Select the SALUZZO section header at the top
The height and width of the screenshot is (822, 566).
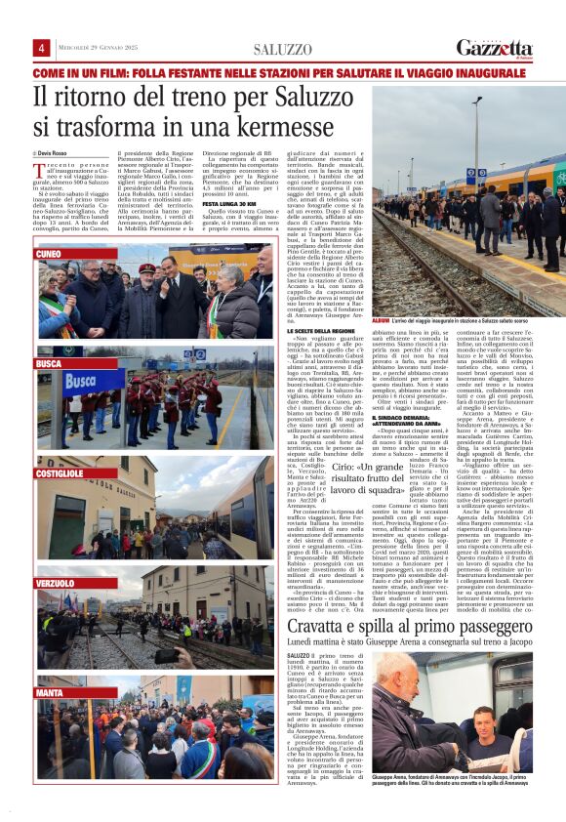tap(282, 50)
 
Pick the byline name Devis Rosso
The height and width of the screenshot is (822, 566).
tap(59, 154)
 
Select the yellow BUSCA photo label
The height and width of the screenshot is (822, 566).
tap(50, 363)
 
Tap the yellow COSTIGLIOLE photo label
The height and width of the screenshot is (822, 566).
tap(59, 473)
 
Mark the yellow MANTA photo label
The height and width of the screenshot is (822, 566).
tap(50, 692)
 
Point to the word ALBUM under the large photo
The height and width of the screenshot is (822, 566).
tap(382, 319)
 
